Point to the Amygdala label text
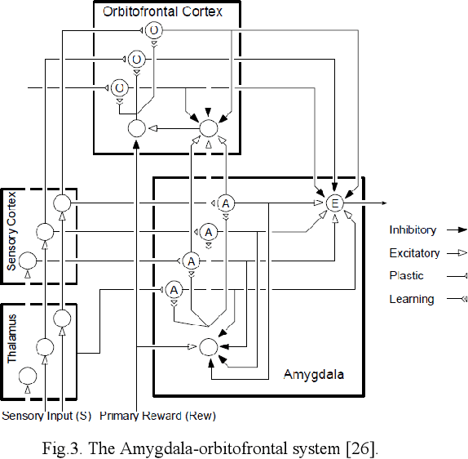314,374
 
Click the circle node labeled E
333,203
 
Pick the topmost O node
155,30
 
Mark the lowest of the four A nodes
174,289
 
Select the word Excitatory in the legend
414,253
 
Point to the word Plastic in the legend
406,276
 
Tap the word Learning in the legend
411,299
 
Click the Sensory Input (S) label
46,417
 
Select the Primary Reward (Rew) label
158,417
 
